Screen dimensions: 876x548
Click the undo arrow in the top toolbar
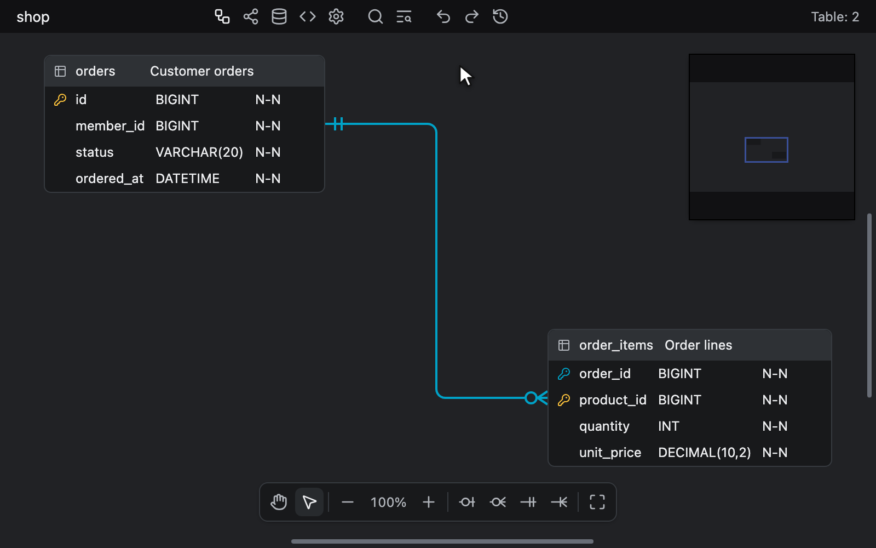point(443,17)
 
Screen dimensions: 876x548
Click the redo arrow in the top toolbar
point(471,17)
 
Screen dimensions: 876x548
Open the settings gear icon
point(336,17)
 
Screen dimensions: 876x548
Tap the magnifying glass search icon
point(375,17)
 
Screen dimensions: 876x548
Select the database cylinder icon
point(279,17)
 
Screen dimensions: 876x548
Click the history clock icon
point(500,17)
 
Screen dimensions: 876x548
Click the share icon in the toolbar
point(251,17)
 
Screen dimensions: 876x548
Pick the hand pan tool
point(279,502)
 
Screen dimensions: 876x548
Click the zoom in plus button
point(429,502)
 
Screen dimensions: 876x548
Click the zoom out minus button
point(347,502)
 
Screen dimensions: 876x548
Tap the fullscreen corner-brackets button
point(597,502)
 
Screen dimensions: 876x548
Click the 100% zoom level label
point(388,502)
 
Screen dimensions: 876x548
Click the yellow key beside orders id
point(60,100)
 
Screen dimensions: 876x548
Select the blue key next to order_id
point(563,374)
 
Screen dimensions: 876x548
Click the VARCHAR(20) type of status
point(199,152)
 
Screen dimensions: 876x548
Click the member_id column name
point(110,126)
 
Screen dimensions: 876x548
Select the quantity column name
point(604,426)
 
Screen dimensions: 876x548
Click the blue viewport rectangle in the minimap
point(766,138)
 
